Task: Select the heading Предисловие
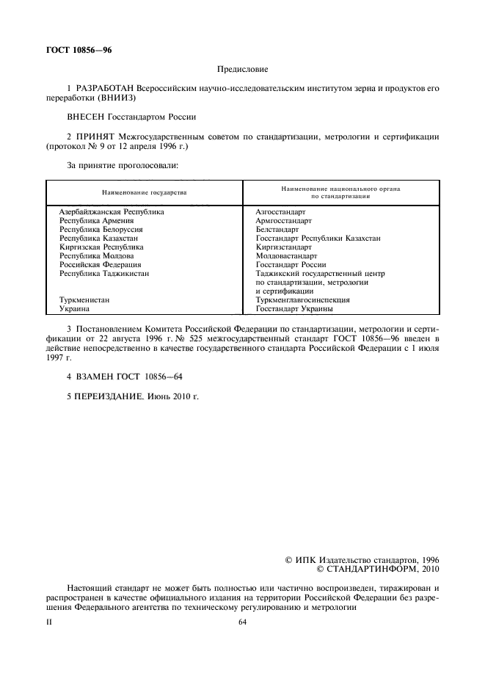pyautogui.click(x=242, y=70)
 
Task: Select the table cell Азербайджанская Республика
pyautogui.click(x=112, y=211)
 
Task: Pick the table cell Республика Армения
pyautogui.click(x=96, y=220)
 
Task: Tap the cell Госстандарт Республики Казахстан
pyautogui.click(x=318, y=238)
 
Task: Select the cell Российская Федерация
pyautogui.click(x=100, y=264)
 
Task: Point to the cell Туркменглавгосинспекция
pyautogui.click(x=302, y=299)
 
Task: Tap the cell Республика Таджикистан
pyautogui.click(x=104, y=273)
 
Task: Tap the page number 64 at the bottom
pyautogui.click(x=242, y=622)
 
